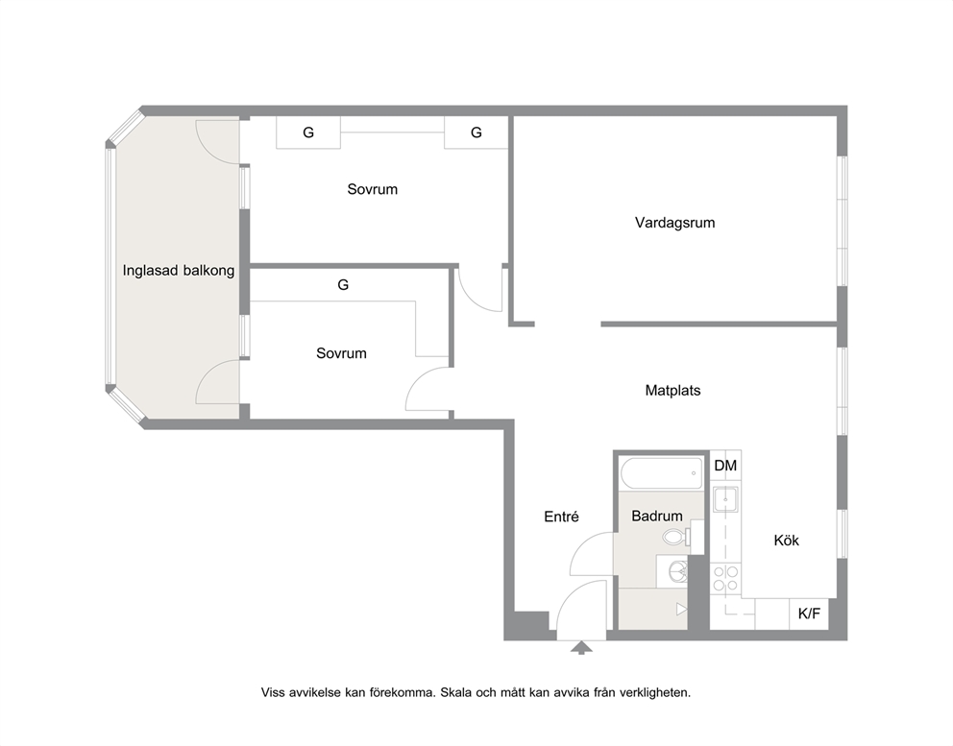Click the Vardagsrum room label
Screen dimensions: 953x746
674,223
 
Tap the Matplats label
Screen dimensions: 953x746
672,391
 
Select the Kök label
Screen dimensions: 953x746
786,541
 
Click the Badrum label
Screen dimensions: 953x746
657,516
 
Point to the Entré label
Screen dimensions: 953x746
561,517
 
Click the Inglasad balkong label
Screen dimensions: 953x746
179,271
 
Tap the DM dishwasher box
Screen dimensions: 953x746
725,466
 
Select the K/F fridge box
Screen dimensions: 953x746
809,614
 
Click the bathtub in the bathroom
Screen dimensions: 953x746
661,473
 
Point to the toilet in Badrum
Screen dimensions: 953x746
677,537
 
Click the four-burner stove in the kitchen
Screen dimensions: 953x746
725,578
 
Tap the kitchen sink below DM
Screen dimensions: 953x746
725,499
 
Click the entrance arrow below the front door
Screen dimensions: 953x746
581,647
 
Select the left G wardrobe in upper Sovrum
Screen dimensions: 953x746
308,132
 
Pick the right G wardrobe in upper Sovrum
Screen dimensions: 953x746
476,132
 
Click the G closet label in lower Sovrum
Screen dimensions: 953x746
343,284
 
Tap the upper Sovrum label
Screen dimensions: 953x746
372,189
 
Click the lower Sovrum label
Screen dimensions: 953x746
341,353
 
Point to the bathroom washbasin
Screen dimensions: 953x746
676,571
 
